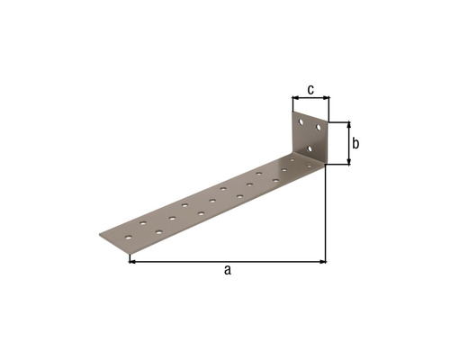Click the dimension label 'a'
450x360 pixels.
(228, 270)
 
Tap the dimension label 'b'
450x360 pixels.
(355, 143)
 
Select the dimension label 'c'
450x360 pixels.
(310, 89)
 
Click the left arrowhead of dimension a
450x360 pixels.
(132, 262)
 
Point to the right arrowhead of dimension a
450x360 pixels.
(323, 262)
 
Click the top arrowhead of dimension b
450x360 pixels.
(349, 125)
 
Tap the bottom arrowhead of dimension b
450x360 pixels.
(349, 162)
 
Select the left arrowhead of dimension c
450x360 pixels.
(295, 97)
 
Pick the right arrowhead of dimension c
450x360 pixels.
(327, 97)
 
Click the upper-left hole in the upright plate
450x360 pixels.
(301, 122)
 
